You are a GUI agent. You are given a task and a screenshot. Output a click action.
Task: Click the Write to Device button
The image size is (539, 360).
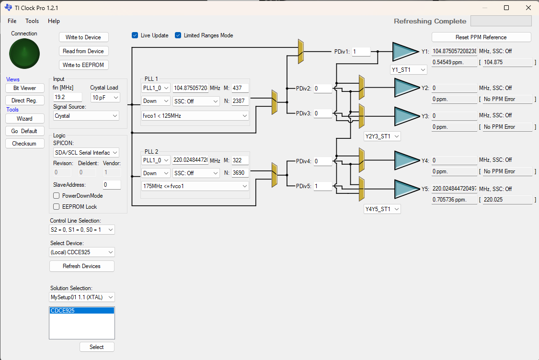point(83,37)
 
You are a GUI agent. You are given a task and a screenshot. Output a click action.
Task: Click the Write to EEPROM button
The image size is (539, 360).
point(83,65)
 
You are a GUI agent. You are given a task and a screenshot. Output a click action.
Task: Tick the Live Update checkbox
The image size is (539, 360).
point(135,35)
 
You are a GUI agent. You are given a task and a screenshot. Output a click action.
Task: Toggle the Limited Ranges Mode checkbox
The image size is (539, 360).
point(178,35)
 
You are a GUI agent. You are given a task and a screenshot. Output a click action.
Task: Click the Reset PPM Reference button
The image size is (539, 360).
point(481,37)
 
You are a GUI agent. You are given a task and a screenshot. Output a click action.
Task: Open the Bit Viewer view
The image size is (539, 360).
point(25,88)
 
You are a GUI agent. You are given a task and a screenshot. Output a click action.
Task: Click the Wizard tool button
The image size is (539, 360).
point(25,119)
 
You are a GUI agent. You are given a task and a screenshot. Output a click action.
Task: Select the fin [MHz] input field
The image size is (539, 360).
point(68,97)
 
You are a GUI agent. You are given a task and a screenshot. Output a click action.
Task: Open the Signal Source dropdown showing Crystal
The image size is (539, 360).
point(86,116)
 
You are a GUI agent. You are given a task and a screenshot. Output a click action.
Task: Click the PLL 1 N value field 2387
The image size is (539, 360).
point(240,101)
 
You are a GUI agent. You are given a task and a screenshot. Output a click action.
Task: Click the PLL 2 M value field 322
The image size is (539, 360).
point(240,160)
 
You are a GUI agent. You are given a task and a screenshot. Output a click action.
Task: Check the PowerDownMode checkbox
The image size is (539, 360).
point(57,196)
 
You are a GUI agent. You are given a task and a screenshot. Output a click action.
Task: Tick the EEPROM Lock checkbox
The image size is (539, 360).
point(57,207)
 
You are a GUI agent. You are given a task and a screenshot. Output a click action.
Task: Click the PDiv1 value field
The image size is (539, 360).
point(361,52)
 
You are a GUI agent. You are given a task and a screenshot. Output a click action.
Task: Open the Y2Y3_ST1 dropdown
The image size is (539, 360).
point(382,136)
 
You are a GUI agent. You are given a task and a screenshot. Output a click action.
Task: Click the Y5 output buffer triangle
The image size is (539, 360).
point(406,189)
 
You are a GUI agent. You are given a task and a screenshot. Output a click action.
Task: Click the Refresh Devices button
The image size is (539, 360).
point(82,266)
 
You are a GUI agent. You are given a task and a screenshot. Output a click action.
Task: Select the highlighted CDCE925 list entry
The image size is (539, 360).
point(82,311)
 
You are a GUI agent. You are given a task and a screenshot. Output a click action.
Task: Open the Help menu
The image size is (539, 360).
point(54,21)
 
